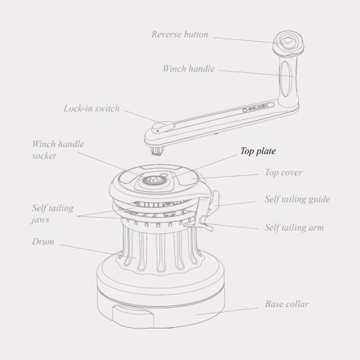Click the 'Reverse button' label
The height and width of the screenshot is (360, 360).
(180, 35)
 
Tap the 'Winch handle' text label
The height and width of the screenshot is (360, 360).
(189, 69)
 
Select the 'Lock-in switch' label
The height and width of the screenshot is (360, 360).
(92, 108)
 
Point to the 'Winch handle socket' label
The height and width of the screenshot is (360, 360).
(58, 149)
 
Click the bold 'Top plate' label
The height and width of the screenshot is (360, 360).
(258, 151)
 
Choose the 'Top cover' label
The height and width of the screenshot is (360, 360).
(284, 173)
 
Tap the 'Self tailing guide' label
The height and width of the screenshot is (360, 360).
(297, 199)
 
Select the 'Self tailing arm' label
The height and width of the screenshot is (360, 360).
(294, 227)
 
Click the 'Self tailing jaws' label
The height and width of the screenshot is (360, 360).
(52, 214)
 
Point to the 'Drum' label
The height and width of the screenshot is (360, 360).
(43, 242)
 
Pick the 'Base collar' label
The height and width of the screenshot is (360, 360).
(287, 304)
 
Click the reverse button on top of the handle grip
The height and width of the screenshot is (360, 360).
(288, 41)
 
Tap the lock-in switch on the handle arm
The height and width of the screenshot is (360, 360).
(163, 127)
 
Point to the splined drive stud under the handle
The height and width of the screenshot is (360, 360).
(157, 151)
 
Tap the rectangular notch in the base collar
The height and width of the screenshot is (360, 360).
(133, 316)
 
